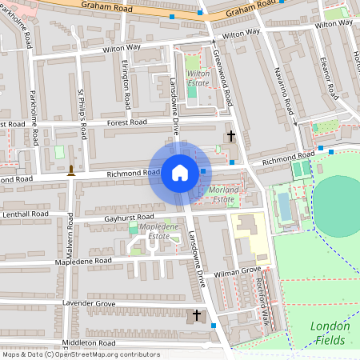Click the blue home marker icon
tap(179, 172)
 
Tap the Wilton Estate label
tap(198, 78)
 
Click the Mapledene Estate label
tap(154, 232)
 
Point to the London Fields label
tap(329, 333)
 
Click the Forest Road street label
tap(128, 123)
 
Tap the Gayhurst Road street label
tap(128, 218)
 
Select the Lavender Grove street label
tap(90, 304)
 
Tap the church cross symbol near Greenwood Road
tap(231, 137)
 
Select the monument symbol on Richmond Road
tap(71, 169)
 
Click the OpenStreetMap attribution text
tap(69, 354)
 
